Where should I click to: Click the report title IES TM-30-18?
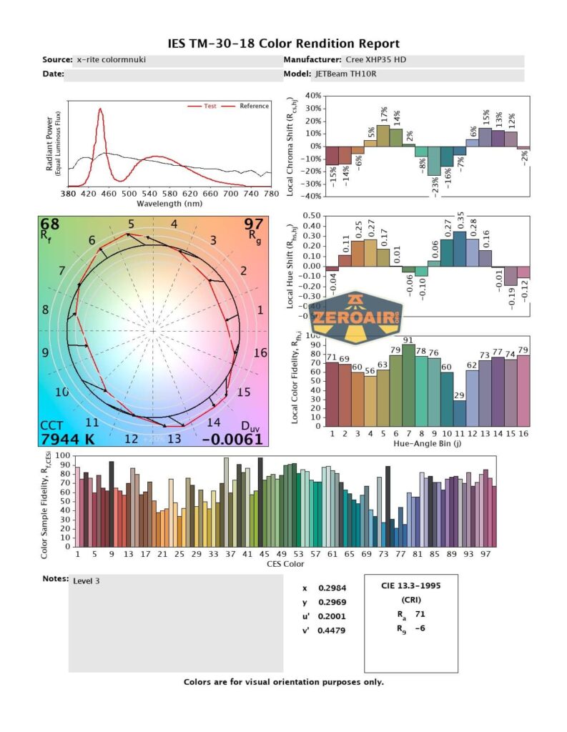(283, 44)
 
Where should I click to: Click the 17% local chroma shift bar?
(383, 135)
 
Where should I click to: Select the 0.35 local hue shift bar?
(460, 248)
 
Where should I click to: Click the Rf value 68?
(50, 225)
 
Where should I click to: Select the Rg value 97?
(254, 225)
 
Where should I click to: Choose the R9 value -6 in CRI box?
(421, 629)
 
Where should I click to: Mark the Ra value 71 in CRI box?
(421, 613)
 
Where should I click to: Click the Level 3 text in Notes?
(87, 581)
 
